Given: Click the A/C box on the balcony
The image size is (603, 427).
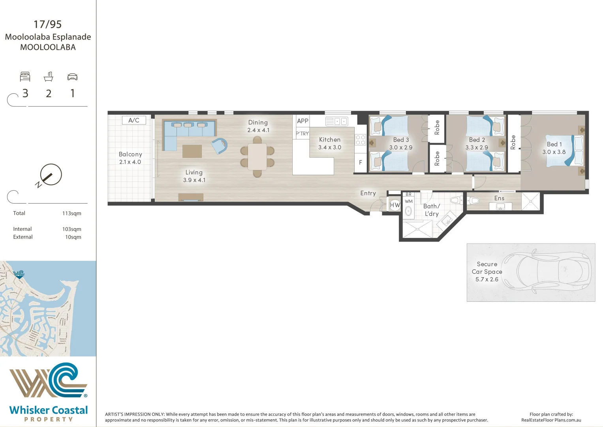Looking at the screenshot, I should [x=134, y=120].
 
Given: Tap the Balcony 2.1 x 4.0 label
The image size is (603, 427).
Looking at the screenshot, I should [x=130, y=158].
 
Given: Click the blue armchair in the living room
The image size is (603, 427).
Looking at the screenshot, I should [x=219, y=145].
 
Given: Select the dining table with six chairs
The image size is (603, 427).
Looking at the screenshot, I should [x=257, y=157].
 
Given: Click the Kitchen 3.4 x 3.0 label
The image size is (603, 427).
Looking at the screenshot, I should [x=330, y=143].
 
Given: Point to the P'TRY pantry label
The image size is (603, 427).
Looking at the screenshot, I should [x=302, y=134].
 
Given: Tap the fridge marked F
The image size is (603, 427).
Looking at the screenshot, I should [x=360, y=162].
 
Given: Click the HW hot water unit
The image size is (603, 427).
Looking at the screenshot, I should [x=394, y=205].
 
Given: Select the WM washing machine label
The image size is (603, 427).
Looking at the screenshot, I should [x=409, y=201].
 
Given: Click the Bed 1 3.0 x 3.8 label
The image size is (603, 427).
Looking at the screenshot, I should [x=554, y=148].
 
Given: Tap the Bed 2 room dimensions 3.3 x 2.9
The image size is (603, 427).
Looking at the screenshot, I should [x=477, y=147].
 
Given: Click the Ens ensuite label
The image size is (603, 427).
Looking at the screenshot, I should [x=499, y=198].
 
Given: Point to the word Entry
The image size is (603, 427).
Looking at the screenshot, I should [x=368, y=193].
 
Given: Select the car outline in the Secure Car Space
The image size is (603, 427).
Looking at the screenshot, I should [x=549, y=272].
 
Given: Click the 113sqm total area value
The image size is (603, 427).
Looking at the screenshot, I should [x=71, y=213].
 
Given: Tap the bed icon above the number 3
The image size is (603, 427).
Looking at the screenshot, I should [x=25, y=77].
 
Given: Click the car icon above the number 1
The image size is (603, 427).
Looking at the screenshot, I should [x=72, y=77].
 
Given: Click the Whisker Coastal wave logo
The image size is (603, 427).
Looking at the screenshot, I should [x=48, y=380].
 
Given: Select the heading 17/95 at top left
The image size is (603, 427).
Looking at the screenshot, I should [x=48, y=24].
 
